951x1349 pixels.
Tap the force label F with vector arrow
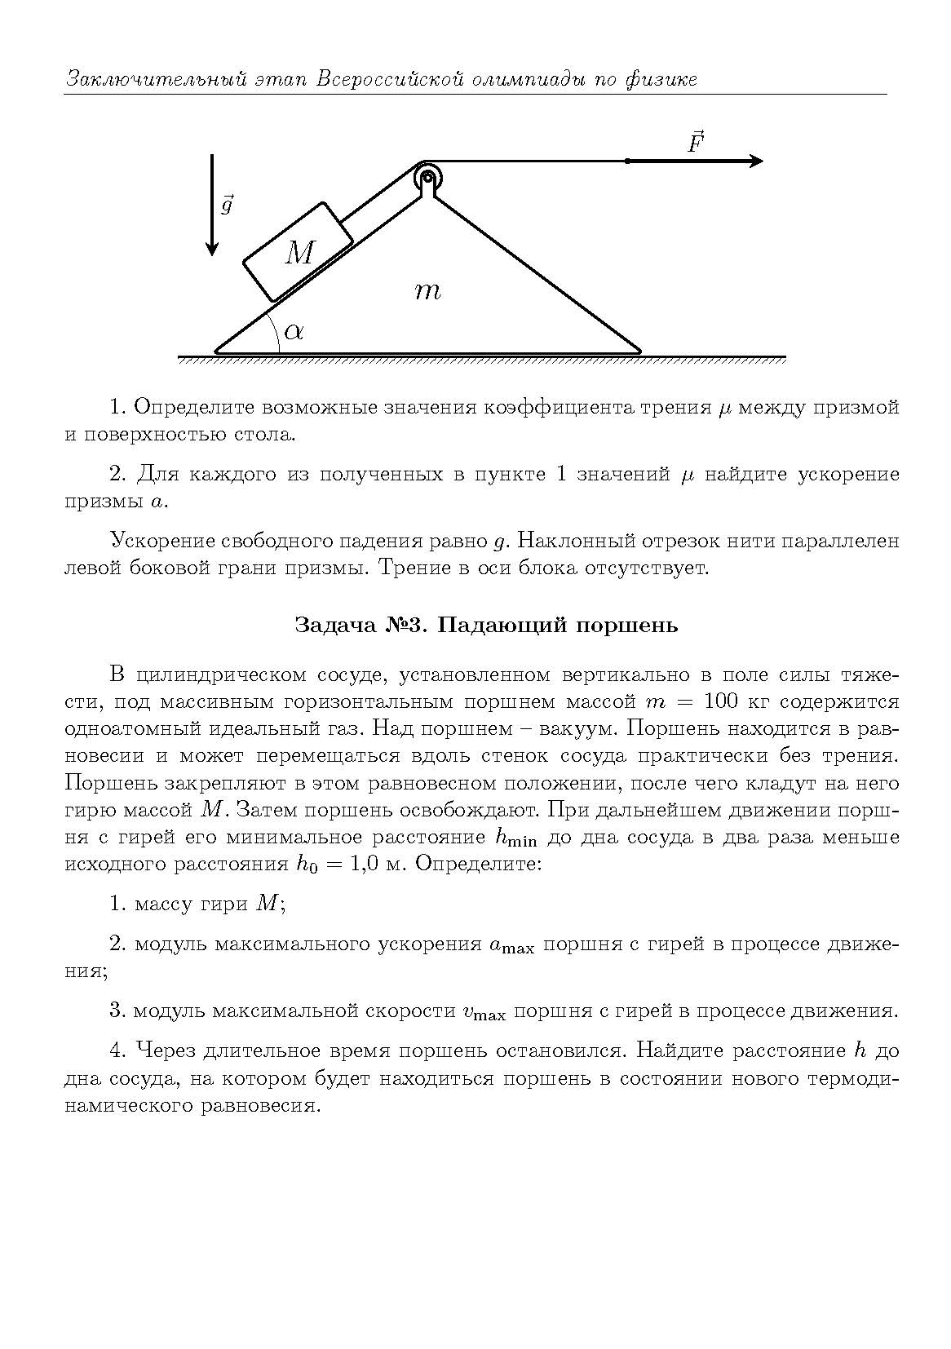695,144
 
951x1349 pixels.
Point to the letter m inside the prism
427,290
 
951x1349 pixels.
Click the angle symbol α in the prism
294,330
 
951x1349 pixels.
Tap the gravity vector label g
228,204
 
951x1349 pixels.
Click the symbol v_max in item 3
484,1012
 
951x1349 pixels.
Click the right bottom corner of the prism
639,352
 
